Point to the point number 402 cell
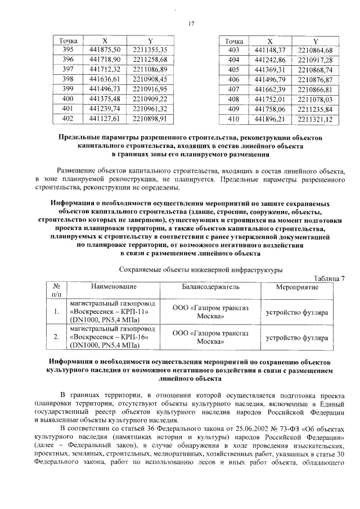[x=67, y=119]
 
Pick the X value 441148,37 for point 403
[x=270, y=51]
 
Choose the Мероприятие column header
[x=297, y=287]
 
